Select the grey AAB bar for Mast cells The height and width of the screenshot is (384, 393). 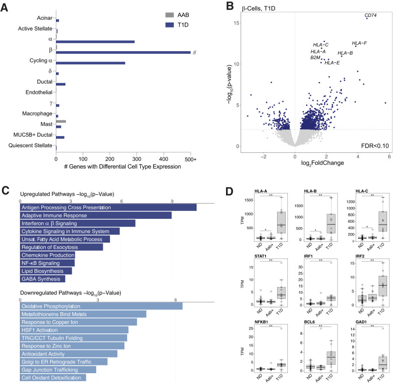(61, 121)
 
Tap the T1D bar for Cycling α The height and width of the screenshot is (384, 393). (91, 63)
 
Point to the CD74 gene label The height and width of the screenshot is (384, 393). (374, 16)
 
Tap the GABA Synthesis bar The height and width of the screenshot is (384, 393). (43, 279)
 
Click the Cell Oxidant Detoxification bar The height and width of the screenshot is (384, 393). (53, 378)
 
